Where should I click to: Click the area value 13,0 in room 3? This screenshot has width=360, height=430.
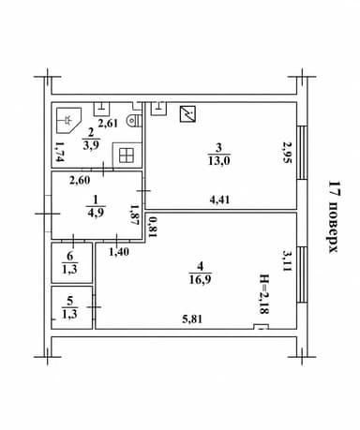coord(218,161)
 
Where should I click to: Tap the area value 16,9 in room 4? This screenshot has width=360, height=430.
coord(201,279)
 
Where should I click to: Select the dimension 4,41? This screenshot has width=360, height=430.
coord(219,200)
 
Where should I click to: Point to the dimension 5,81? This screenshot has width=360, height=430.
coord(192,319)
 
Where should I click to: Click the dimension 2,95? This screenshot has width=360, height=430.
coord(287,153)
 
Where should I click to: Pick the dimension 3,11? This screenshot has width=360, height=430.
coord(287,260)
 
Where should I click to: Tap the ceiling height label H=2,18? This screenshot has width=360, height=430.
coord(264,293)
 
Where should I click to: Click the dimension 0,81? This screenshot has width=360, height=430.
coord(152,227)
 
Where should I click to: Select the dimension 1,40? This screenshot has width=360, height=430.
coord(119,251)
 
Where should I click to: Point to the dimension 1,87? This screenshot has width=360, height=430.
coord(135,215)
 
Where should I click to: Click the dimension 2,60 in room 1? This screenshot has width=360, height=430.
coord(80,180)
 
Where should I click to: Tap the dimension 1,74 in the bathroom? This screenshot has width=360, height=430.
coord(59,152)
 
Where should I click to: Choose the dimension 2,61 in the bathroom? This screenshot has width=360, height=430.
coord(108,123)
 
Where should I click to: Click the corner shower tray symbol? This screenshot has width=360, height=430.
coord(68,120)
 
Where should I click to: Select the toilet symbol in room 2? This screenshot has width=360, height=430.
coord(135,120)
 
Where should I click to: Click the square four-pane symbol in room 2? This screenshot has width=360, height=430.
coord(127,156)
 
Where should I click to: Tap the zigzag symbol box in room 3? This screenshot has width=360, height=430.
coord(187,114)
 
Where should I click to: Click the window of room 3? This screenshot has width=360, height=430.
coord(302,153)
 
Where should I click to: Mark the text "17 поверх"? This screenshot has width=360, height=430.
coord(334,217)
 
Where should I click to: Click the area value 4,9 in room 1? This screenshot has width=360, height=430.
coord(97,212)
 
